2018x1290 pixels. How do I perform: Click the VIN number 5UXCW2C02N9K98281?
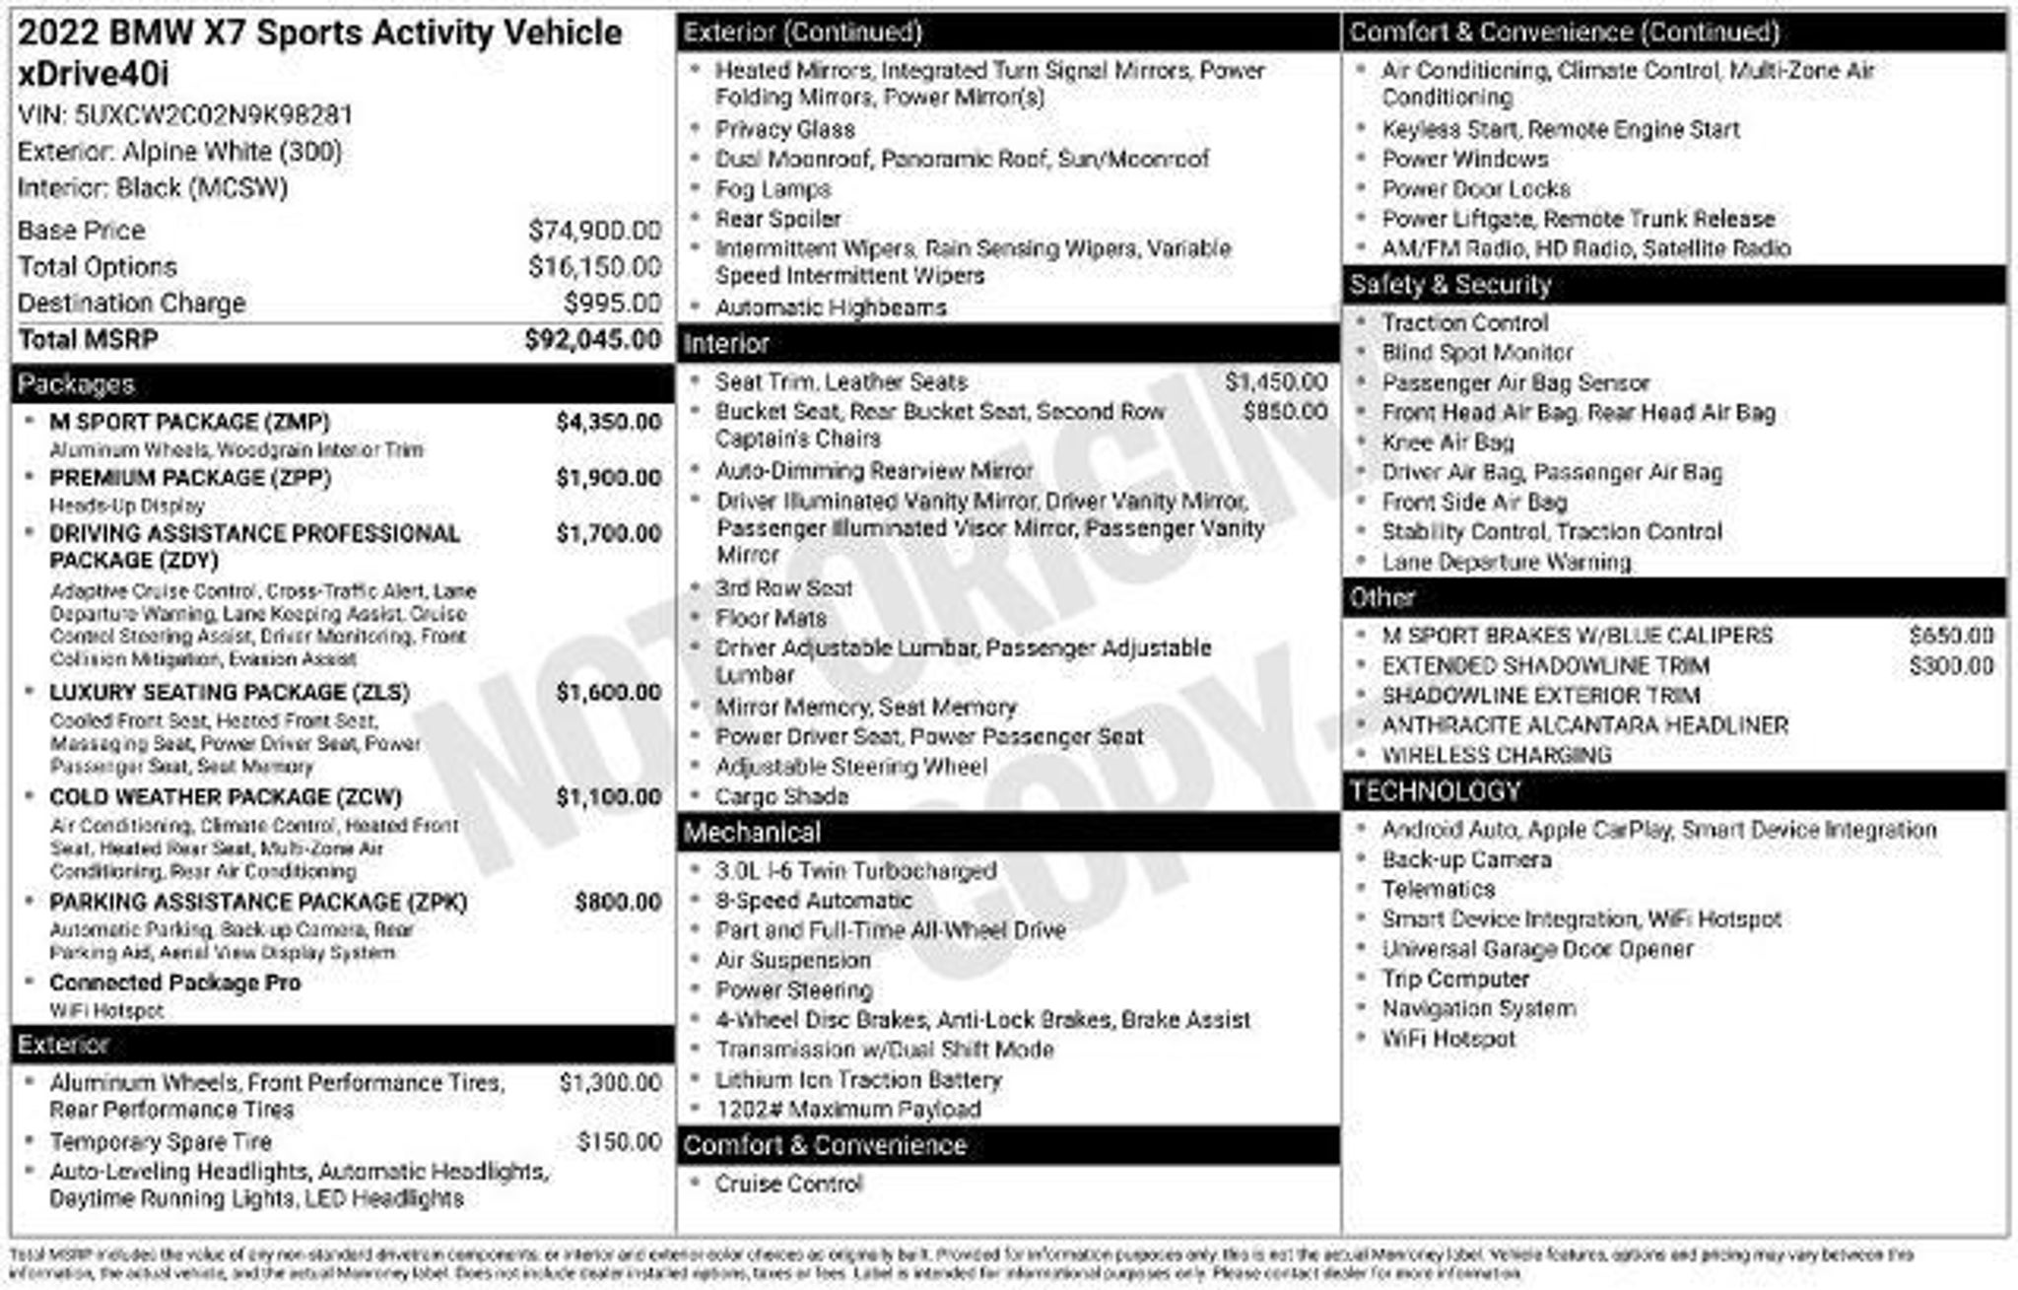213,115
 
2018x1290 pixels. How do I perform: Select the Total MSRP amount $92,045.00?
592,340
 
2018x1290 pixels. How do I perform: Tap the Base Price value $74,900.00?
594,231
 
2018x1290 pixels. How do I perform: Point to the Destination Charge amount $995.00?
612,304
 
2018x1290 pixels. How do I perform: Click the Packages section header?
76,384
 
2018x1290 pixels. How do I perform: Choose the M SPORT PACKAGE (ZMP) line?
189,423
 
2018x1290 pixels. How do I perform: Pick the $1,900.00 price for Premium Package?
608,478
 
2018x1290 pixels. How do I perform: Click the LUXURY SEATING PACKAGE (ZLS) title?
229,693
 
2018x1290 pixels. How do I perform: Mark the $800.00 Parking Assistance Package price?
618,903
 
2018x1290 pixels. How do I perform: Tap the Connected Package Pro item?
174,983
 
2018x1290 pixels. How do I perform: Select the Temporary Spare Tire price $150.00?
619,1142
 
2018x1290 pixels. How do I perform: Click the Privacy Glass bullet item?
784,130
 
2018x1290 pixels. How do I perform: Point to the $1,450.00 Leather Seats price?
1275,382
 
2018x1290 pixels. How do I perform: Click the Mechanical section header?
752,833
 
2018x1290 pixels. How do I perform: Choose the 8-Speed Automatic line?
813,901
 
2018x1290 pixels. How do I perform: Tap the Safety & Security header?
1449,286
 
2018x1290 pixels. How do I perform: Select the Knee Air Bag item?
1446,442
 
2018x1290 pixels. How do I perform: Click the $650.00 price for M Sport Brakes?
1950,636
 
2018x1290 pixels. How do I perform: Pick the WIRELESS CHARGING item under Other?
1496,756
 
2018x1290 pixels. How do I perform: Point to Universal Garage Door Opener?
1536,950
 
